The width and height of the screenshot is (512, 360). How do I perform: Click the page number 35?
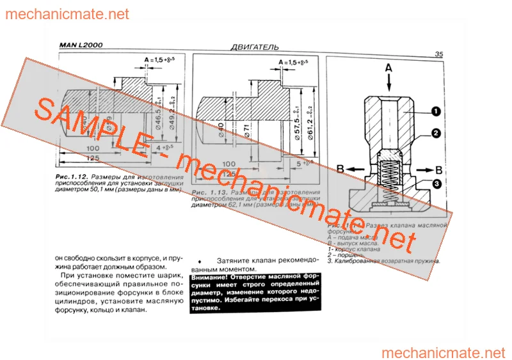(439, 55)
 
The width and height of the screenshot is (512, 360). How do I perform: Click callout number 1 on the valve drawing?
(435, 111)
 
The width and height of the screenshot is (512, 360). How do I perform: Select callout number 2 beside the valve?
(435, 134)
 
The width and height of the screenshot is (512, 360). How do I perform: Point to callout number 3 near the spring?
(435, 185)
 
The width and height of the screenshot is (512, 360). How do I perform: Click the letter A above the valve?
(388, 67)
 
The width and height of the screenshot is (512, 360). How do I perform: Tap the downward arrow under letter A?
(388, 83)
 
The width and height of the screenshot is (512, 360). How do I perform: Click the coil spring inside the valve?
(388, 171)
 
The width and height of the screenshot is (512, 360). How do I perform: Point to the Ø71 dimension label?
(246, 129)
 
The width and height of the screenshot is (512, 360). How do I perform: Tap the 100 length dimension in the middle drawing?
(228, 163)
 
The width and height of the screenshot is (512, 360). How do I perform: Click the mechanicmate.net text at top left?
(67, 14)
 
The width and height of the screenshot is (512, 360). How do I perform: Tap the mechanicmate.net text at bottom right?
(443, 352)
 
